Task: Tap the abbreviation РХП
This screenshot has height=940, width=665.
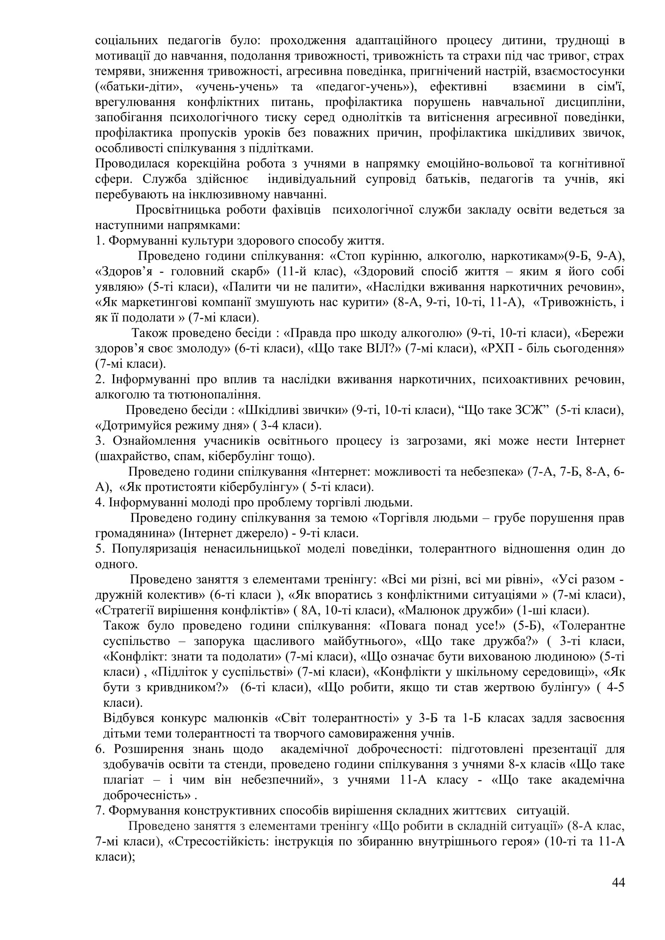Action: coord(500,348)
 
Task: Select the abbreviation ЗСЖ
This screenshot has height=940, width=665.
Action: coord(531,410)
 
